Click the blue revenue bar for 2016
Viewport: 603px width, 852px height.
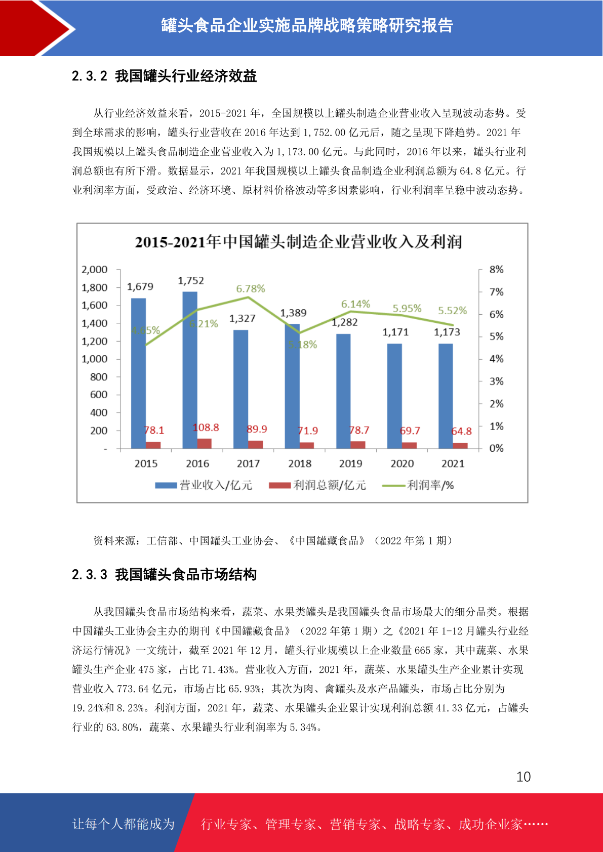coord(190,370)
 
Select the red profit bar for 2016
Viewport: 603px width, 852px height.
coord(205,444)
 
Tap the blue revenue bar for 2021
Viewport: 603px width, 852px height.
coord(446,396)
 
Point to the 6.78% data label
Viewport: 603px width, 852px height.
coord(251,289)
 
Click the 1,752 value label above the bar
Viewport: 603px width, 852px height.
coord(191,281)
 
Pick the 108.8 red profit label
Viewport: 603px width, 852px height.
coord(206,428)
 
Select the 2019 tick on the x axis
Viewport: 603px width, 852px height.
coord(350,463)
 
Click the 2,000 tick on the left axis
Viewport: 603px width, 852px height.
coord(94,270)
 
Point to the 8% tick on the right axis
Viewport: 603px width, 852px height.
coord(496,270)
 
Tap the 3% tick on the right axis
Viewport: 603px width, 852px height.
coord(496,381)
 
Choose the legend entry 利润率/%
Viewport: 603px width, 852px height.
coord(418,485)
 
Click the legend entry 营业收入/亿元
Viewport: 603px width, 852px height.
coord(204,485)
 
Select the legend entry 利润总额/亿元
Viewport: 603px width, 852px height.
coord(317,485)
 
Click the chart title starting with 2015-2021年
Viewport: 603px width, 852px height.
coord(298,242)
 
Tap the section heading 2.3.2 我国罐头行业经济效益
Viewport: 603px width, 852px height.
coord(164,76)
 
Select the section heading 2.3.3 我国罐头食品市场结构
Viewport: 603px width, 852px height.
coord(164,574)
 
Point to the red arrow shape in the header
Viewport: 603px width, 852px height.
coord(27,28)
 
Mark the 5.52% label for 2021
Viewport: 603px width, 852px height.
coord(452,310)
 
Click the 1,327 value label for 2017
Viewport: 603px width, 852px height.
coord(242,318)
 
